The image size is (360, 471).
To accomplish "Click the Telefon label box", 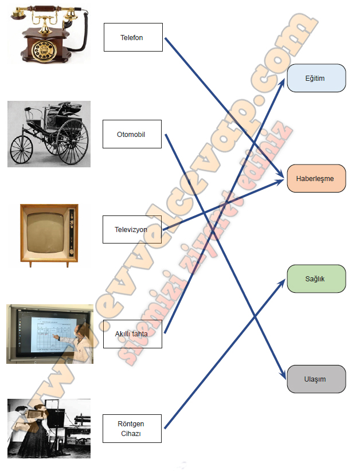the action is (x=133, y=37).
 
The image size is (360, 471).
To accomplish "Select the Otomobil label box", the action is (x=132, y=134).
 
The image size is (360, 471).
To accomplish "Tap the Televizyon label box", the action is (x=132, y=229).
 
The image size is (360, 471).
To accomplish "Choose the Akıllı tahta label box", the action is (x=132, y=333).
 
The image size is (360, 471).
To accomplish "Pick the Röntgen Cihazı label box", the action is (x=132, y=429).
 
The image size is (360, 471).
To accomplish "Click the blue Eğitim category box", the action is (x=316, y=78).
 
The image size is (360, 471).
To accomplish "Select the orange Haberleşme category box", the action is (x=316, y=178).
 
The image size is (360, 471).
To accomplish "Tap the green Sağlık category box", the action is (x=316, y=278).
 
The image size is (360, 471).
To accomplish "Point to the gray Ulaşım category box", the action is (x=316, y=379).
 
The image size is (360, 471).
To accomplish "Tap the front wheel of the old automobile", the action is (x=21, y=150).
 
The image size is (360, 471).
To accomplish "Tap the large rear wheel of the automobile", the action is (x=73, y=142).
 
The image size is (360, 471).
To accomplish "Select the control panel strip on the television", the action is (x=72, y=233).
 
